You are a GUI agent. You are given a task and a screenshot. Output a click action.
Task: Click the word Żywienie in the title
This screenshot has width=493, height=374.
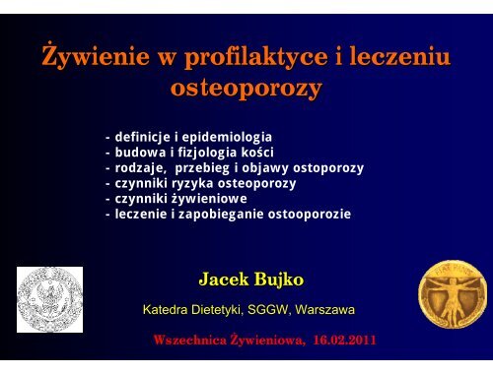pyautogui.click(x=96, y=55)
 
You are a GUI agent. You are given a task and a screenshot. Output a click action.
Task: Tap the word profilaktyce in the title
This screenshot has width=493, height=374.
pyautogui.click(x=255, y=57)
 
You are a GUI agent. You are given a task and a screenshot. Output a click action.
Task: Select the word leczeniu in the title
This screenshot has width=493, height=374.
pyautogui.click(x=399, y=55)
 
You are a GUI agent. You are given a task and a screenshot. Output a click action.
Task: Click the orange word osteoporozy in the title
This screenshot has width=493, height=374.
pyautogui.click(x=246, y=89)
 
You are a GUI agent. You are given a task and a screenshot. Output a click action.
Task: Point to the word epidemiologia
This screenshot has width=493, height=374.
pyautogui.click(x=227, y=138)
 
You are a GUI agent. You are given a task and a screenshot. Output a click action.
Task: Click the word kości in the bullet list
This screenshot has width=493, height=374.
pyautogui.click(x=257, y=152)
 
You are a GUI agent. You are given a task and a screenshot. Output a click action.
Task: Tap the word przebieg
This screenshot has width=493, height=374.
pyautogui.click(x=202, y=168)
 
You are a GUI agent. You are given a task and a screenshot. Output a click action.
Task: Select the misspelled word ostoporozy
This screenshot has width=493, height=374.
pyautogui.click(x=328, y=168)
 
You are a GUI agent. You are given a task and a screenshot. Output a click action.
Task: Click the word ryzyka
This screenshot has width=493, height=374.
pyautogui.click(x=192, y=184)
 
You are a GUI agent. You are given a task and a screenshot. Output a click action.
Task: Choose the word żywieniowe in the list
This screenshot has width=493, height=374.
pyautogui.click(x=209, y=199)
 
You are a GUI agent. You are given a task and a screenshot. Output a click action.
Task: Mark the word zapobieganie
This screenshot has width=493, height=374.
pyautogui.click(x=221, y=215)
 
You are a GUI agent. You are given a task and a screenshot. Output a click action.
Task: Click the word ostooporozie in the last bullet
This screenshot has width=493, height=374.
pyautogui.click(x=310, y=215)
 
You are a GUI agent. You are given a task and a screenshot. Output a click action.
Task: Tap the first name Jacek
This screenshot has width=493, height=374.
pyautogui.click(x=224, y=280)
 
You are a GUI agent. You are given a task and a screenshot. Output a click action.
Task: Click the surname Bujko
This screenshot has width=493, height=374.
pyautogui.click(x=279, y=280)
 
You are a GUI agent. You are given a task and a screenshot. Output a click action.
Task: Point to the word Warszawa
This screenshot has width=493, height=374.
pyautogui.click(x=324, y=310)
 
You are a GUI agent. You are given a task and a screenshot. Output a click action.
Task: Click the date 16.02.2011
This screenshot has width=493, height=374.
pyautogui.click(x=344, y=340)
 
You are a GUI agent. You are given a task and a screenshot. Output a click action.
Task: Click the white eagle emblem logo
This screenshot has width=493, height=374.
pyautogui.click(x=49, y=299)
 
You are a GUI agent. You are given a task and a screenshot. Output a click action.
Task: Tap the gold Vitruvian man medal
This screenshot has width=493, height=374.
pyautogui.click(x=453, y=294)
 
